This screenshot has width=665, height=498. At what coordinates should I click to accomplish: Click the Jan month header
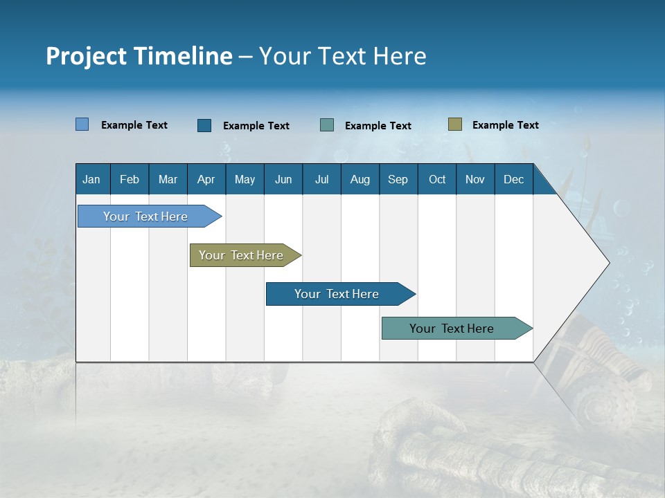pyautogui.click(x=91, y=179)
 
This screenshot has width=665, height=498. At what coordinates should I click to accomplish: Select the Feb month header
pyautogui.click(x=130, y=179)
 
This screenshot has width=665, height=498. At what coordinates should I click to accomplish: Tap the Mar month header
pyautogui.click(x=168, y=179)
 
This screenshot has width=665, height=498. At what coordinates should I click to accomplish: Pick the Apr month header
pyautogui.click(x=206, y=179)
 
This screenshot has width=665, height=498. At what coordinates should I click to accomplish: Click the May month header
pyautogui.click(x=245, y=179)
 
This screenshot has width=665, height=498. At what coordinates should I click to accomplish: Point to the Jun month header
pyautogui.click(x=283, y=179)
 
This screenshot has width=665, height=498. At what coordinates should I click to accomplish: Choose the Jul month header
pyautogui.click(x=321, y=179)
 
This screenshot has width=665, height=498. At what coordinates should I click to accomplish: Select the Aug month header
pyautogui.click(x=360, y=179)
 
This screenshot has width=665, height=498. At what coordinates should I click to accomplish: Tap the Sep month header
pyautogui.click(x=398, y=179)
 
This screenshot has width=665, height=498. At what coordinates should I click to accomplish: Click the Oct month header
pyautogui.click(x=437, y=179)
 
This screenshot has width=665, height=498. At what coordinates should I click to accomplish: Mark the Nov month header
pyautogui.click(x=475, y=179)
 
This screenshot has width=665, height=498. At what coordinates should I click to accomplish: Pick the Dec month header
pyautogui.click(x=513, y=179)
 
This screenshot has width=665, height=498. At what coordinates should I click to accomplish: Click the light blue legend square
pyautogui.click(x=82, y=124)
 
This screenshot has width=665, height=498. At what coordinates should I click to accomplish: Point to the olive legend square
pyautogui.click(x=454, y=124)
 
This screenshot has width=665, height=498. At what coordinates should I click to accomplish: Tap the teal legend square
pyautogui.click(x=327, y=125)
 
